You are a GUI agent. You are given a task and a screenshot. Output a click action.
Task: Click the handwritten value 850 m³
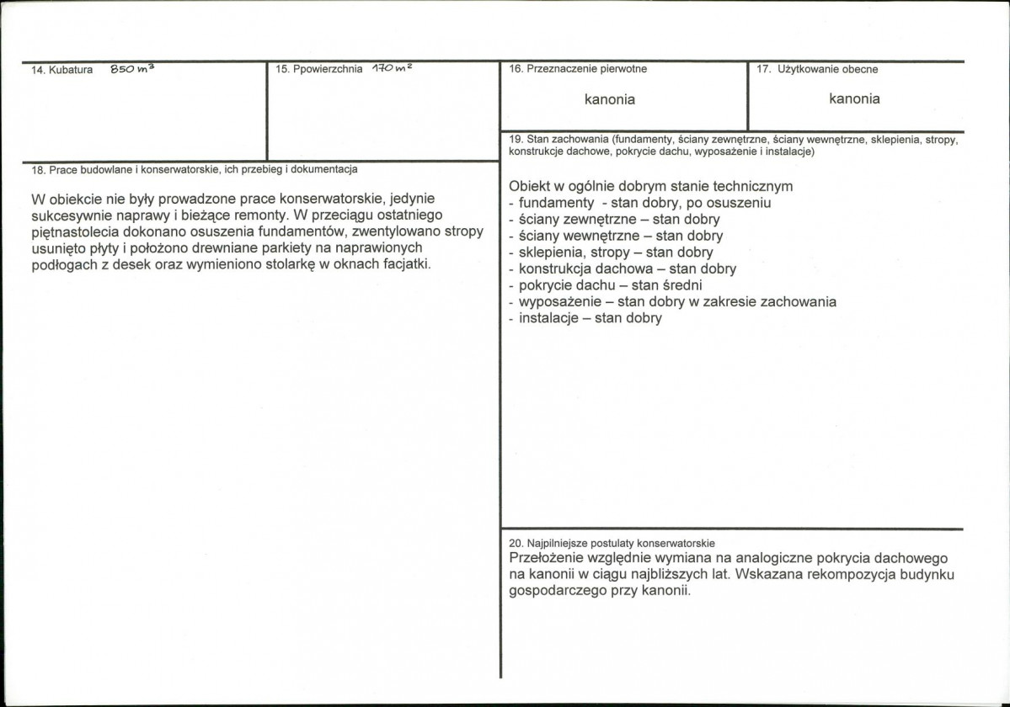pyautogui.click(x=131, y=71)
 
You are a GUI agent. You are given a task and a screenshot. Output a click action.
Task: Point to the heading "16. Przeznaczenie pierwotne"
pyautogui.click(x=578, y=70)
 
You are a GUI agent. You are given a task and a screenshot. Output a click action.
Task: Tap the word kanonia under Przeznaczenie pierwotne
pyautogui.click(x=610, y=99)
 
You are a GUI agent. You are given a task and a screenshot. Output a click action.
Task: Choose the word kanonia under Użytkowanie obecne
pyautogui.click(x=854, y=98)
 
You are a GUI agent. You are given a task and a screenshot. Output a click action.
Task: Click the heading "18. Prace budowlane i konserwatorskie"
pyautogui.click(x=194, y=169)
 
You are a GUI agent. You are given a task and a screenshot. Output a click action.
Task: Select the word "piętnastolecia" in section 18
pyautogui.click(x=72, y=232)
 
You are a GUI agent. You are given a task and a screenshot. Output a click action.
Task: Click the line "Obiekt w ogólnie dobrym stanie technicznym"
pyautogui.click(x=650, y=186)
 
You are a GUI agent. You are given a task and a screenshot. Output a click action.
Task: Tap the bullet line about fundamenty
pyautogui.click(x=640, y=203)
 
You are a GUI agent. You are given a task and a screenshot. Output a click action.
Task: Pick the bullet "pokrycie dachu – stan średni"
pyautogui.click(x=605, y=285)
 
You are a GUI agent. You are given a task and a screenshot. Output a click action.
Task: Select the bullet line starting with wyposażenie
pyautogui.click(x=673, y=301)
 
